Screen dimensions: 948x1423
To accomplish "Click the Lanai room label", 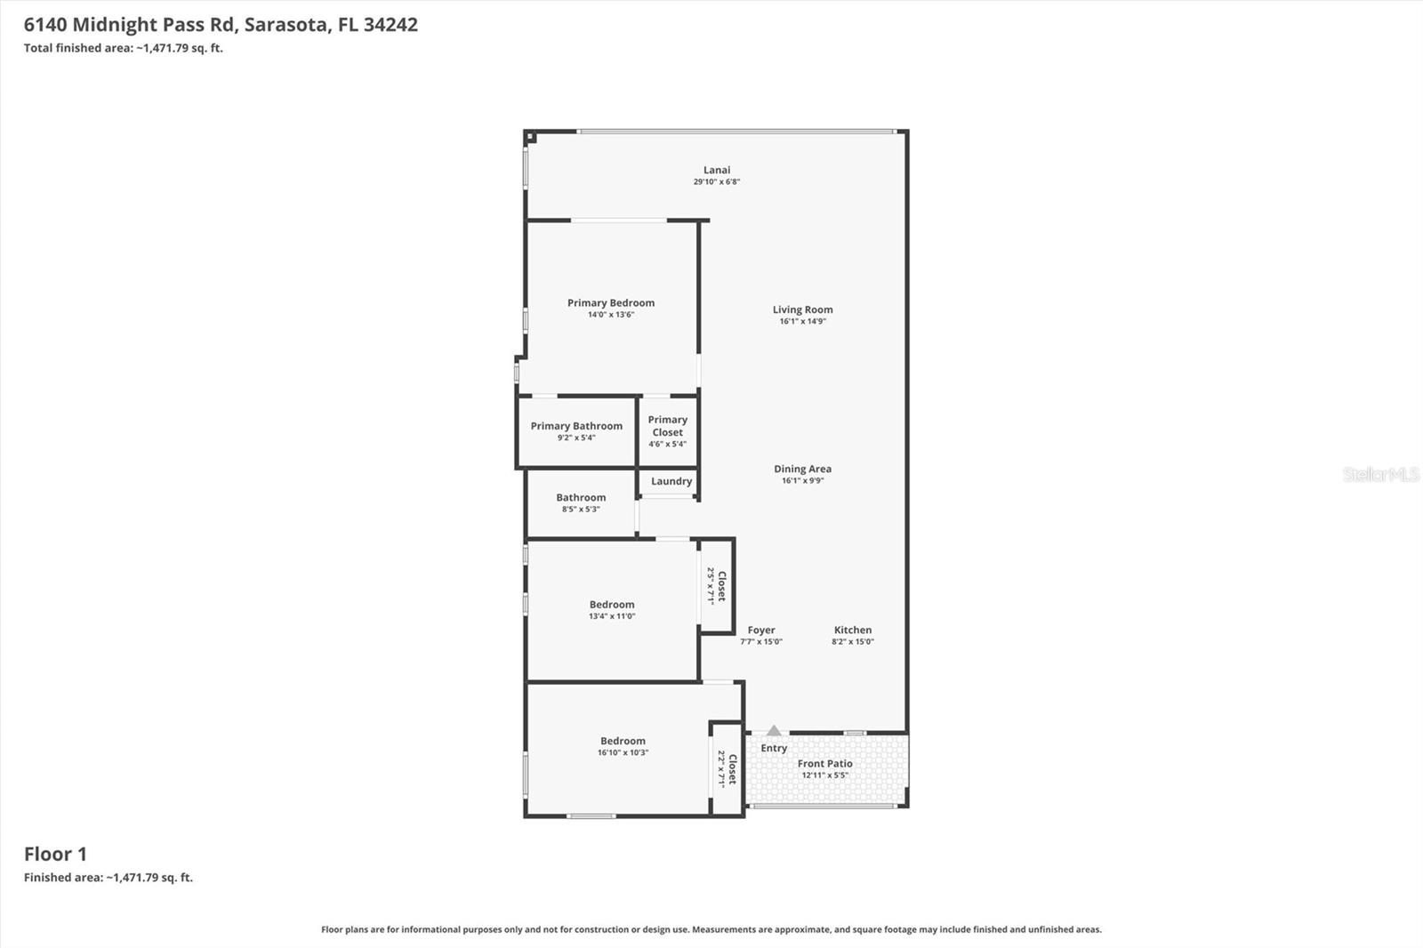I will click(x=717, y=170).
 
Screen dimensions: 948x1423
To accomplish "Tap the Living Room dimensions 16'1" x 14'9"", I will click(x=802, y=321).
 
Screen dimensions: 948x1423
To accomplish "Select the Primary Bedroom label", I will click(x=611, y=303).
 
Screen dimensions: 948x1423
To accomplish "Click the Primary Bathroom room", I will click(x=576, y=431).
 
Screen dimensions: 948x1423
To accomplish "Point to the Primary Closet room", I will click(x=667, y=431).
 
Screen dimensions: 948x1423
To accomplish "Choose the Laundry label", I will click(x=671, y=481).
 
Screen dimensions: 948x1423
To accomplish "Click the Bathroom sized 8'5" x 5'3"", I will click(x=581, y=503).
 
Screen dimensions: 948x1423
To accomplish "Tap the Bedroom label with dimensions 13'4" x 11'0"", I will click(x=612, y=605).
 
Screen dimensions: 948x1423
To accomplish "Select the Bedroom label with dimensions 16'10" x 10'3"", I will click(x=623, y=741).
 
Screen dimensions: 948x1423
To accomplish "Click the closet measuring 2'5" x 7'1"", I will click(x=717, y=586).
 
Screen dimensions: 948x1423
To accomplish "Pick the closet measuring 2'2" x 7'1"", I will click(x=728, y=768).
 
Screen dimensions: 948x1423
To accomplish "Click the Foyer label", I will click(x=761, y=630).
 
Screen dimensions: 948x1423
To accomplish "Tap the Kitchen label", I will click(x=852, y=630).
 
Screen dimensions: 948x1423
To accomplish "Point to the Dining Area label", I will click(x=802, y=469).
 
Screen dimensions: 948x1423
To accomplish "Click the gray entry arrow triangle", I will click(x=774, y=731).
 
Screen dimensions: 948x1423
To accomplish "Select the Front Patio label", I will click(x=824, y=763).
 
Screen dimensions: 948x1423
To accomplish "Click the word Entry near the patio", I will click(x=774, y=748).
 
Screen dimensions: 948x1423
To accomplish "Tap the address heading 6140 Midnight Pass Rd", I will click(x=221, y=25).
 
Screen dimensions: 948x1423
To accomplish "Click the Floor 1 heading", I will click(x=55, y=854).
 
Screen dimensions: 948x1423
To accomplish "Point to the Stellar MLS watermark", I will click(x=1380, y=474).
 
